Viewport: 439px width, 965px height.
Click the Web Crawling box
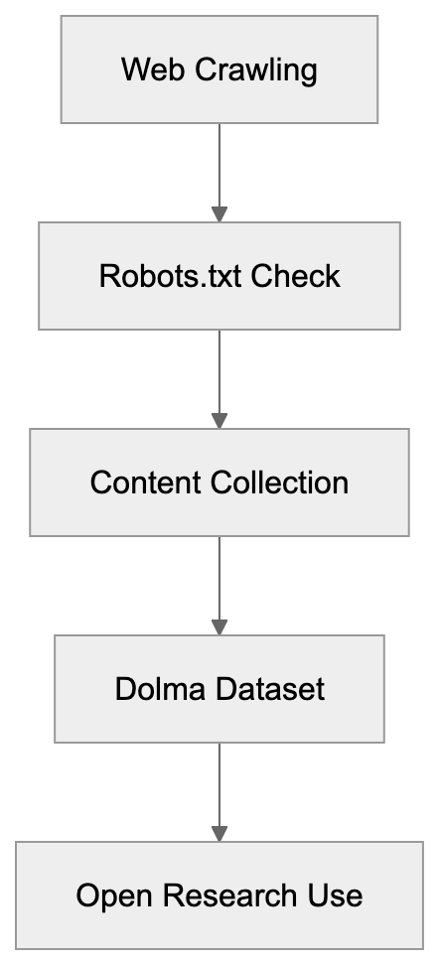(x=219, y=69)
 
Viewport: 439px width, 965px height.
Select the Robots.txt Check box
(x=219, y=275)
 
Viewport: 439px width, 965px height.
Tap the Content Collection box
(x=219, y=482)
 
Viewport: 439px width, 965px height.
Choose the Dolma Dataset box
(x=219, y=689)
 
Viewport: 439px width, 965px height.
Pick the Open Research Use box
(x=219, y=896)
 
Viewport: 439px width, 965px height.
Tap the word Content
(x=147, y=482)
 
